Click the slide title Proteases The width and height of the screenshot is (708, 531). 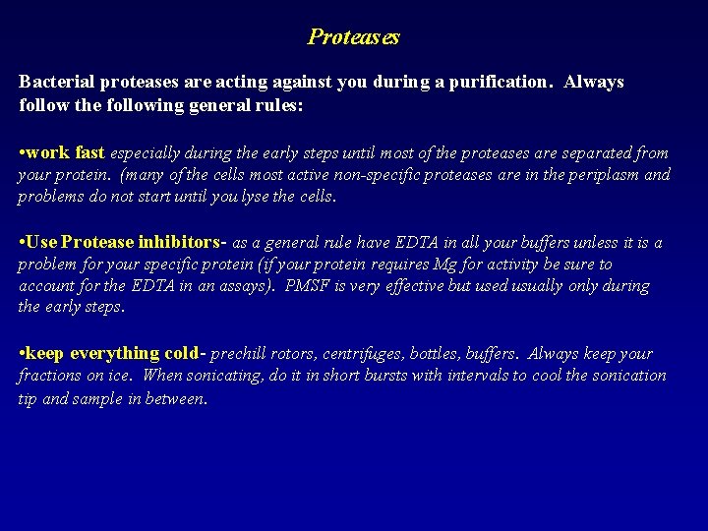pos(354,37)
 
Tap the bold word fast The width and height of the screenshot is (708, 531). pos(88,153)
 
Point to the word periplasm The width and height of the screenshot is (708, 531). pos(601,175)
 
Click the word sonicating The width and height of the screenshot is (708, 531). pos(221,375)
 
